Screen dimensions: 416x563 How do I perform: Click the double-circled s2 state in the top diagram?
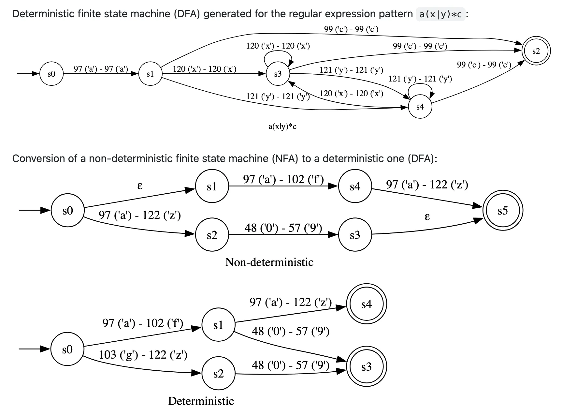click(536, 51)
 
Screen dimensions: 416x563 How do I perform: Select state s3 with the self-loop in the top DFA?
click(278, 74)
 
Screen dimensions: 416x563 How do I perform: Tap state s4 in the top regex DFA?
click(420, 107)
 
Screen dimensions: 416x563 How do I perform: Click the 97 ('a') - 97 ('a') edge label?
click(101, 69)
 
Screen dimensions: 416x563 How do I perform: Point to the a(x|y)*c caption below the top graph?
click(282, 126)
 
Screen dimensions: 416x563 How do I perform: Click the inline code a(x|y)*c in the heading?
click(440, 14)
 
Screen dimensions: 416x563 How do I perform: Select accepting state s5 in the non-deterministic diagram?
click(502, 211)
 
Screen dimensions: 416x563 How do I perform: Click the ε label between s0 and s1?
click(140, 186)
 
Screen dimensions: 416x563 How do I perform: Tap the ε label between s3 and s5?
click(427, 216)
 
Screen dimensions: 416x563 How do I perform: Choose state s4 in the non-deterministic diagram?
click(355, 186)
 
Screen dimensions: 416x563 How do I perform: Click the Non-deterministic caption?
click(269, 262)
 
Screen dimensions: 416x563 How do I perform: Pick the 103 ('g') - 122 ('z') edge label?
click(143, 355)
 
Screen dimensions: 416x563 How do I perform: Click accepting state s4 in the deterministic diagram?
click(366, 304)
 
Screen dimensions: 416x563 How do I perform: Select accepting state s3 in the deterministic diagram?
click(366, 367)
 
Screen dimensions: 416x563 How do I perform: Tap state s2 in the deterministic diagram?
click(218, 374)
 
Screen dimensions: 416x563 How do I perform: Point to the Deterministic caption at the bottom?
click(201, 401)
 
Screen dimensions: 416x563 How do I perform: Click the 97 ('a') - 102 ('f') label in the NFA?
click(283, 179)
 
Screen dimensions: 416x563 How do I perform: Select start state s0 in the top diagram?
click(51, 74)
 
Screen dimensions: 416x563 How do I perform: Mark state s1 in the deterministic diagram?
click(218, 325)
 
